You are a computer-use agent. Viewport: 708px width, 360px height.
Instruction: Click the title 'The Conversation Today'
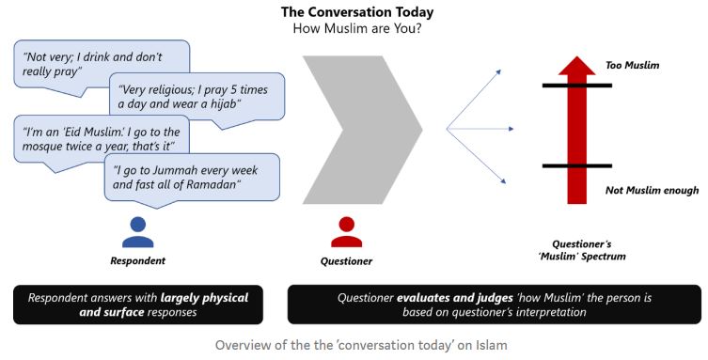point(356,12)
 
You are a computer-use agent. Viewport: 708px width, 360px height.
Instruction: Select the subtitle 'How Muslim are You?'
point(356,28)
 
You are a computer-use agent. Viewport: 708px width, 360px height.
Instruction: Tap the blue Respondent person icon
point(137,232)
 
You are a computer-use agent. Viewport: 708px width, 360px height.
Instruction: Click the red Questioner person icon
point(346,232)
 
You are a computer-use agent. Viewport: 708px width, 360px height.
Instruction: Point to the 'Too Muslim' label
point(632,66)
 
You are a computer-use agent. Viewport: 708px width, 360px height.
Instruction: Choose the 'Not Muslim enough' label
point(652,191)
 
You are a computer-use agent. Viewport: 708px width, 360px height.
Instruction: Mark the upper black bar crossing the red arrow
point(577,86)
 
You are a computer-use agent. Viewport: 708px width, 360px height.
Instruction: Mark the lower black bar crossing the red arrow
point(577,166)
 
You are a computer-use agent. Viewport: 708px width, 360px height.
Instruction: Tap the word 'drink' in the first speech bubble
point(95,57)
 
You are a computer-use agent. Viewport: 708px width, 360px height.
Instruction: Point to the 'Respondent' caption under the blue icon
point(137,260)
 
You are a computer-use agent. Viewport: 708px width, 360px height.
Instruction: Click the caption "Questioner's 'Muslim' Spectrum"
point(582,250)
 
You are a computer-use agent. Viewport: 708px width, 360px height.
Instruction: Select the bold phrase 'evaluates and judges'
point(455,298)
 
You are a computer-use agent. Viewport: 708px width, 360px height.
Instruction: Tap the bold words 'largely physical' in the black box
point(204,298)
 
